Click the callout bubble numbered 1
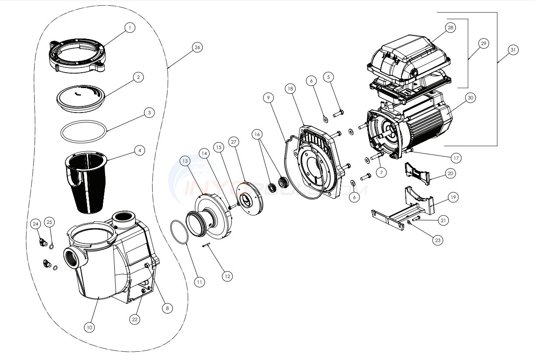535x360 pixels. point(129,28)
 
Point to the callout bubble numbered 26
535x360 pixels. point(197,48)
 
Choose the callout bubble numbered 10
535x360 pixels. point(90,327)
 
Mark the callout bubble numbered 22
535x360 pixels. point(135,320)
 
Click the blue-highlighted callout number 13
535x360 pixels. point(186,161)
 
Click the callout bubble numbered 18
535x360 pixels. point(290,88)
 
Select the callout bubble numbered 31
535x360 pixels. point(514,50)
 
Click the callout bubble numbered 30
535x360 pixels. point(470,98)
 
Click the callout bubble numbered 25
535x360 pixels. point(49,222)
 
